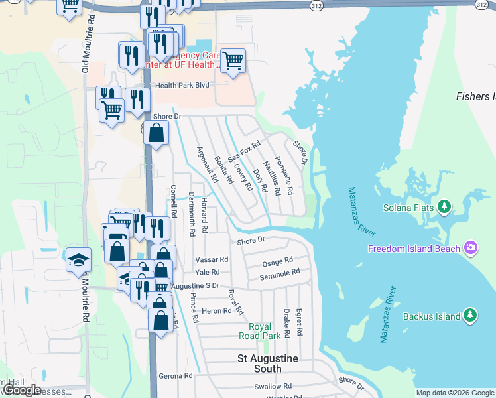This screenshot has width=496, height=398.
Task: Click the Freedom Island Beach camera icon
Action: (x=470, y=249)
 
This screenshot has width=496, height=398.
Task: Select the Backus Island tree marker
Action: (x=470, y=316)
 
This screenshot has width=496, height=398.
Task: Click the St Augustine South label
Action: (x=268, y=358)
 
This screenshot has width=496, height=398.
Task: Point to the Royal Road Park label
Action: (x=265, y=331)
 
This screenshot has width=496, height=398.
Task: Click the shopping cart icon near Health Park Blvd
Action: (x=233, y=61)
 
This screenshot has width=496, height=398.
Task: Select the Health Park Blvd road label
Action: (x=182, y=86)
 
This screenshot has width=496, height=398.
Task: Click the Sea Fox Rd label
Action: (x=244, y=151)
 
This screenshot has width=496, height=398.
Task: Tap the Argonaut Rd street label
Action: (x=208, y=164)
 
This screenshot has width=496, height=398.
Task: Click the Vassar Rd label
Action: (x=212, y=259)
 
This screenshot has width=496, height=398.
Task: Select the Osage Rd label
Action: (x=279, y=261)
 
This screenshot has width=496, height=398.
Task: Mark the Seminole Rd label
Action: (x=280, y=273)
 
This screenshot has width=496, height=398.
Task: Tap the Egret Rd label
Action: (x=300, y=321)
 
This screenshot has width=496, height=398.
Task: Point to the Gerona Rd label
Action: (x=176, y=375)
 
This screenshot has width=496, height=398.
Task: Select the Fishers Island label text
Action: (x=475, y=96)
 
